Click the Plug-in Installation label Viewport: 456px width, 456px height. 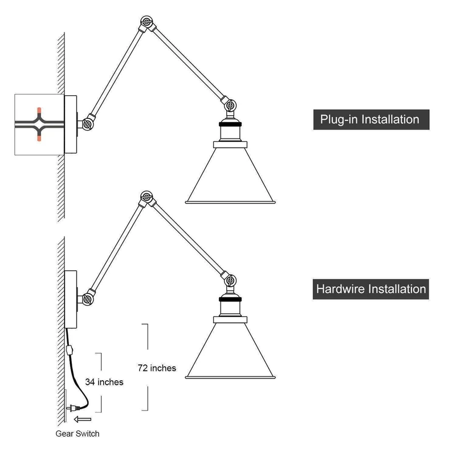click(x=370, y=120)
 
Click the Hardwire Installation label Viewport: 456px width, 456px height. click(x=370, y=289)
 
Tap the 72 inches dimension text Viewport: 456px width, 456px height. click(x=157, y=368)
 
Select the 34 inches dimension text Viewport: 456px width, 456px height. click(x=104, y=382)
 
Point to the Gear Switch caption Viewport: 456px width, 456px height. click(x=78, y=433)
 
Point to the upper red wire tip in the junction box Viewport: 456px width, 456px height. click(x=39, y=110)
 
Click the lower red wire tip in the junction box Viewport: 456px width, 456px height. click(x=39, y=138)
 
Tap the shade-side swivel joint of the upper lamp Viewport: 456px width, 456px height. click(x=231, y=105)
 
